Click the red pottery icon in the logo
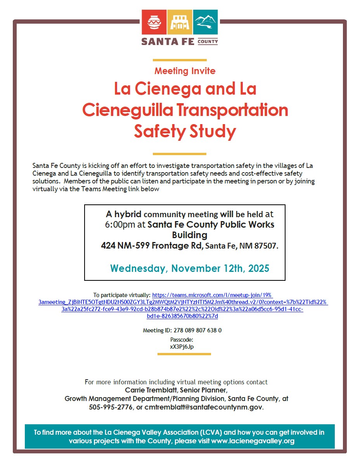tap(154, 22)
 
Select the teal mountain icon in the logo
tap(205, 22)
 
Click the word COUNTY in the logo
tap(208, 41)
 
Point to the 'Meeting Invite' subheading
tap(185, 71)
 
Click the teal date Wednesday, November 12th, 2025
tap(190, 268)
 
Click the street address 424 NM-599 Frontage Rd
tap(152, 245)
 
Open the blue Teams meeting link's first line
tap(213, 295)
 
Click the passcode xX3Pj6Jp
tap(182, 347)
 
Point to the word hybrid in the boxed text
tap(128, 214)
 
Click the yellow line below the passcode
tap(184, 354)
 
